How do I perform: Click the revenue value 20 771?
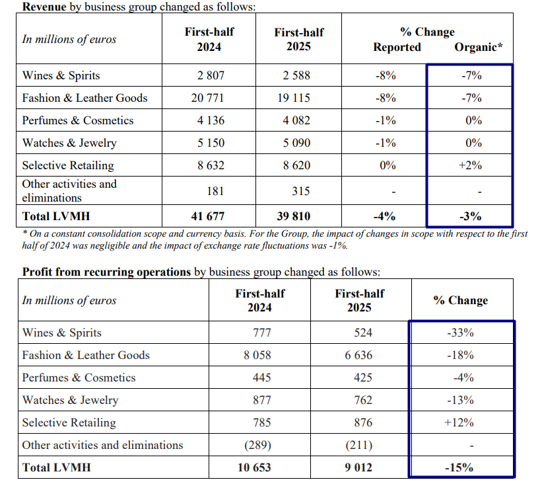[x=207, y=98]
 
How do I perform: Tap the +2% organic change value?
[x=470, y=165]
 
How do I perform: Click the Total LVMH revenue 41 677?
[x=208, y=216]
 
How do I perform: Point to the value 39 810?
[x=293, y=216]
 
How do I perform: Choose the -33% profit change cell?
[x=460, y=333]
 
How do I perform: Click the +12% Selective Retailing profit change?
[x=459, y=423]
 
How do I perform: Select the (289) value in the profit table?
[x=257, y=445]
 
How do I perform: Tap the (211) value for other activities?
[x=359, y=445]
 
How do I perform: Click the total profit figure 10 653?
[x=254, y=467]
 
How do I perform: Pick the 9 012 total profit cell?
[x=358, y=467]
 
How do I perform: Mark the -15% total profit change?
[x=459, y=467]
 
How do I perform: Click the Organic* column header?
[x=479, y=47]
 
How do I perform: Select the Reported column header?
[x=397, y=47]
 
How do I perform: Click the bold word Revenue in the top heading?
[x=44, y=7]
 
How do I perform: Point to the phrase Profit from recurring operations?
[x=106, y=272]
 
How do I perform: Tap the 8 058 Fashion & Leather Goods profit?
[x=257, y=355]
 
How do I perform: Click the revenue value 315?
[x=301, y=191]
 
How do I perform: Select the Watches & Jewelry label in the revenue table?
[x=69, y=143]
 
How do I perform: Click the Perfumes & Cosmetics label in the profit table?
[x=79, y=378]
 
